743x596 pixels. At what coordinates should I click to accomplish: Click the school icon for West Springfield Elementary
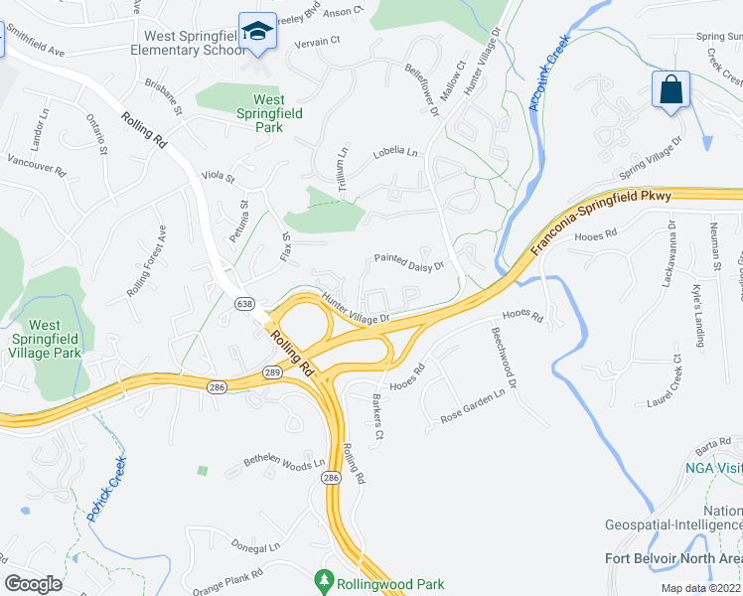tap(258, 34)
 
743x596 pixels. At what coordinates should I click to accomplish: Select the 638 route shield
tap(243, 303)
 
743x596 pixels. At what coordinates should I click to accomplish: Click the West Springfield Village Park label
tap(45, 339)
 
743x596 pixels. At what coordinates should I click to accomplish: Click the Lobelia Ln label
tap(395, 152)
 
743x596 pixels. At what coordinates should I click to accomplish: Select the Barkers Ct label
tap(376, 421)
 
